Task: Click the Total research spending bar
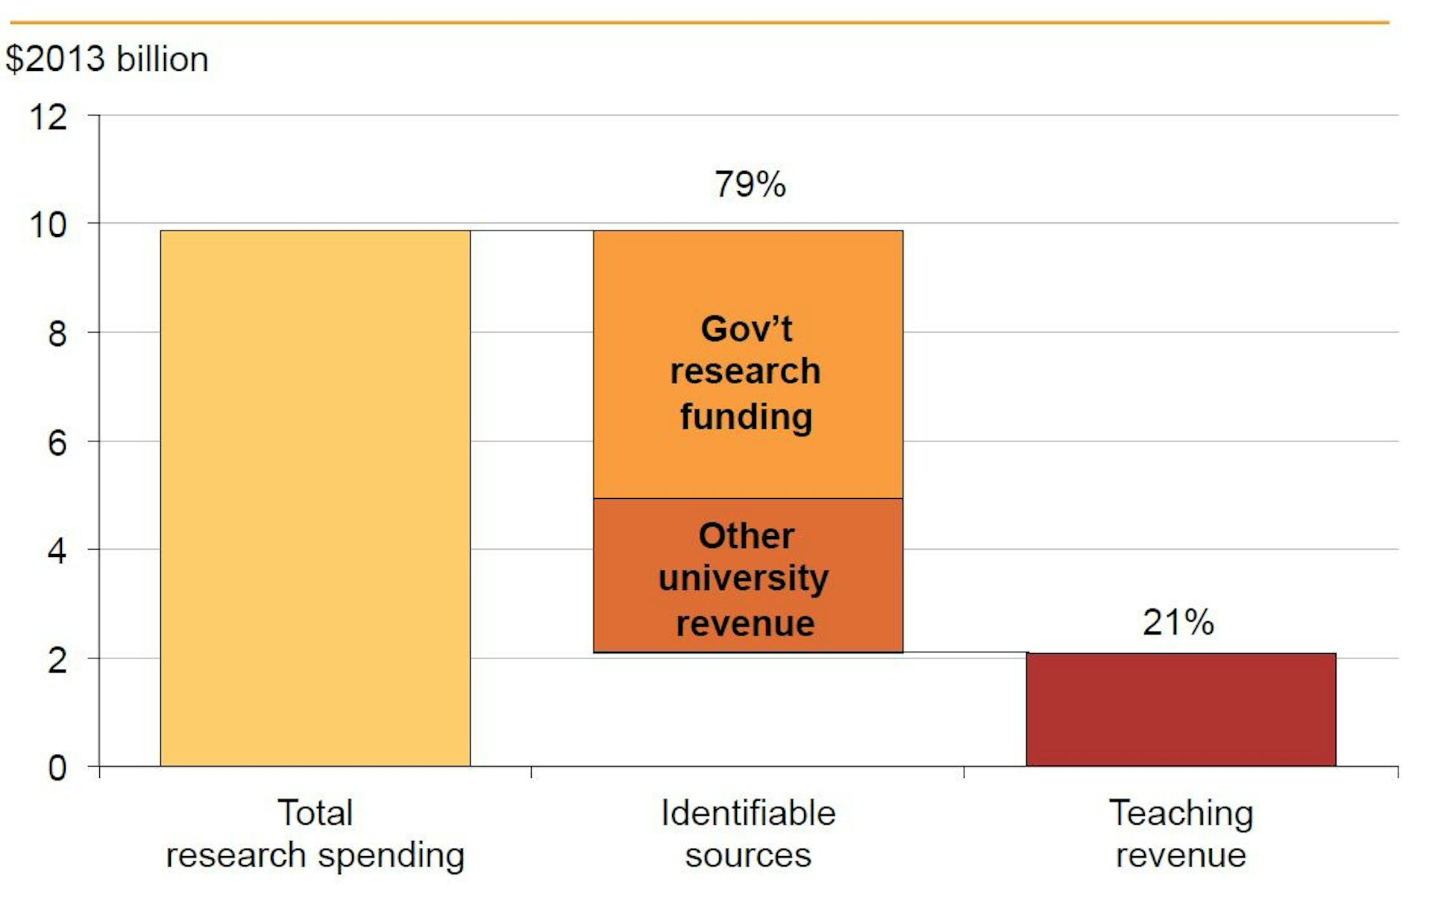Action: click(315, 497)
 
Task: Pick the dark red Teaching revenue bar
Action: click(1181, 709)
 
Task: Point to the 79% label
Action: click(750, 184)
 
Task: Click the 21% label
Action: click(1178, 622)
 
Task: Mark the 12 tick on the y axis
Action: click(48, 117)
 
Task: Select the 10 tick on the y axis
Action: click(48, 225)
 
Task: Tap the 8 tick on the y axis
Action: click(57, 334)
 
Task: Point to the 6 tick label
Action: click(57, 443)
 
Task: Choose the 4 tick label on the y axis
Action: click(57, 552)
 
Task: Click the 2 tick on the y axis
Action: click(57, 661)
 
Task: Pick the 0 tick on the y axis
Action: click(57, 768)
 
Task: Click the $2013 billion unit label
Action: click(107, 59)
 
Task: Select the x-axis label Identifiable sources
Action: click(748, 834)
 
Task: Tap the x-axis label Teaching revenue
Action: click(1181, 834)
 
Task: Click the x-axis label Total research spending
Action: click(315, 834)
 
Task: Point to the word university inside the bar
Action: click(744, 579)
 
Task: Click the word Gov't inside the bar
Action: click(746, 329)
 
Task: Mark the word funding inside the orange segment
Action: click(746, 417)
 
